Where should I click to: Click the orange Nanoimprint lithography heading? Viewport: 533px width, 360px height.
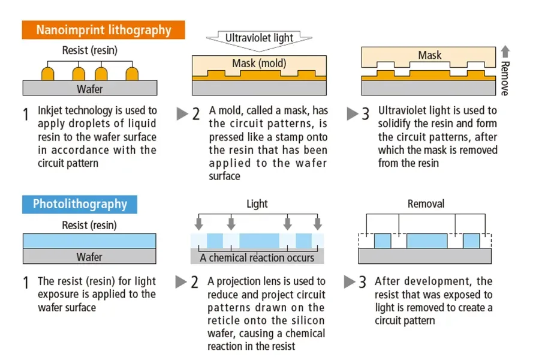pos(103,30)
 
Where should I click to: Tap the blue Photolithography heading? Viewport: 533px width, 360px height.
pos(80,204)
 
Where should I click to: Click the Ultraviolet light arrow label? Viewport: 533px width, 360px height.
pos(259,38)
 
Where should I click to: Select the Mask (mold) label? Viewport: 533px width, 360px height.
pos(259,63)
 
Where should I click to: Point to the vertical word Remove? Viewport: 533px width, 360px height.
pos(505,79)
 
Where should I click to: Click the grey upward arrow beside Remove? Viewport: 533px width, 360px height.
pos(505,52)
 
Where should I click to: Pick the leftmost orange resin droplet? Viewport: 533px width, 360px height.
pos(47,74)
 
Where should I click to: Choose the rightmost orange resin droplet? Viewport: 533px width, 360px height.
pos(132,74)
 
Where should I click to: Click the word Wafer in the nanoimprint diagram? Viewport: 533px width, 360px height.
pos(90,89)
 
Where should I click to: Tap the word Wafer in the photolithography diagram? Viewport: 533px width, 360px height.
pos(89,257)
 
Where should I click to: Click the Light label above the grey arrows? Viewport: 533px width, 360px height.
pos(257,204)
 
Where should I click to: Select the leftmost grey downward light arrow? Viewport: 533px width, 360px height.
pos(199,224)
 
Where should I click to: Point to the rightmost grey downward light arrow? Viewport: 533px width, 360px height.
pos(318,224)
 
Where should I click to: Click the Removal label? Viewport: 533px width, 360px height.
pos(426,204)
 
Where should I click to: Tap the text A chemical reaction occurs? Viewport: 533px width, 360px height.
pos(257,258)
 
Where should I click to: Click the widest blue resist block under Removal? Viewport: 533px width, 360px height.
pos(427,241)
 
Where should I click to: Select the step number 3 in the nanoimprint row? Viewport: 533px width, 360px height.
pos(365,114)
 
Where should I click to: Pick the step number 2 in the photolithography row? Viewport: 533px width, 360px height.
pos(194,283)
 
